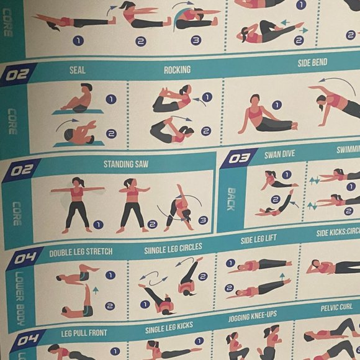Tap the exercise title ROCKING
(x=177, y=70)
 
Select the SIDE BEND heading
(x=312, y=63)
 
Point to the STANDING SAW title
(x=126, y=164)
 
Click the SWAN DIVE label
(x=279, y=154)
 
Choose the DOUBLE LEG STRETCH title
(x=81, y=251)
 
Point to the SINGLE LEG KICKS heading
(x=169, y=327)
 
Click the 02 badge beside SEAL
(x=19, y=75)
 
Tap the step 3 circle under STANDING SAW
(x=202, y=220)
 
